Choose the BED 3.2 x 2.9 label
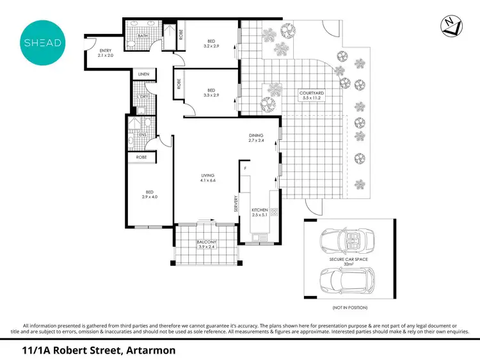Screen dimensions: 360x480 [211, 43]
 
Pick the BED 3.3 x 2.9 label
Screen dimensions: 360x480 [211, 92]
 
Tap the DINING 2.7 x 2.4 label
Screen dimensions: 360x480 [257, 139]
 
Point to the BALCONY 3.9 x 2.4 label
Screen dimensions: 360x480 [207, 244]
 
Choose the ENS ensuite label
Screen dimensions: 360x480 [143, 136]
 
